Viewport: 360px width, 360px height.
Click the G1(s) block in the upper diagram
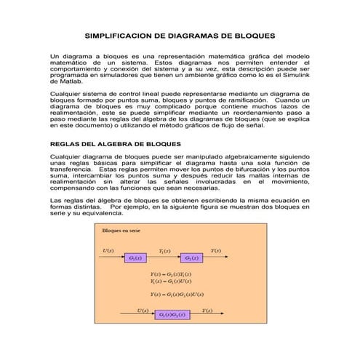point(135,257)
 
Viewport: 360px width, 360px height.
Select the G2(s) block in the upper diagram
point(191,257)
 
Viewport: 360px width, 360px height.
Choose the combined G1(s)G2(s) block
point(171,314)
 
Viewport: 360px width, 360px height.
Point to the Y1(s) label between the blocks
point(164,251)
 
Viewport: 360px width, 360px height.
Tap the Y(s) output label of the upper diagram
point(216,251)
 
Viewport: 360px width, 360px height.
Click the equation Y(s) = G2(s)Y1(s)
point(172,273)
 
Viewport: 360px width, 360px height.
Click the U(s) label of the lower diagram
point(144,308)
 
